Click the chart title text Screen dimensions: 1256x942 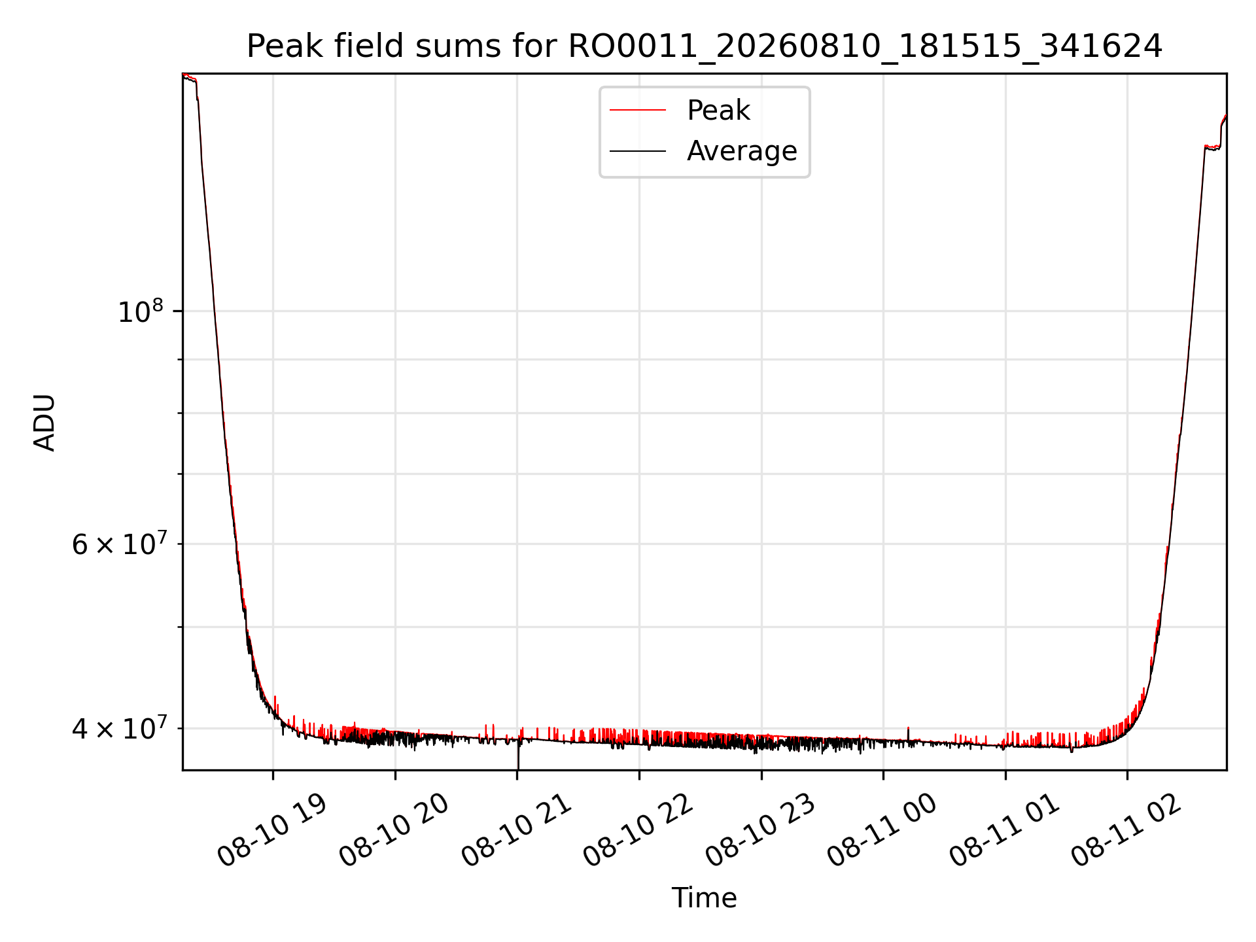click(x=705, y=46)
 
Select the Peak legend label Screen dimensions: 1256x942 click(x=718, y=111)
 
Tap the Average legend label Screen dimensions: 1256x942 click(x=742, y=151)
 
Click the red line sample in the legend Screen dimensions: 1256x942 click(x=638, y=111)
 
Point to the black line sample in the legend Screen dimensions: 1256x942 click(x=638, y=151)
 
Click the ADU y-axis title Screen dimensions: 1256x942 click(x=44, y=422)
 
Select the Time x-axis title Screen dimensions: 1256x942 click(x=705, y=898)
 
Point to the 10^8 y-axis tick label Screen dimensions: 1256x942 click(x=140, y=311)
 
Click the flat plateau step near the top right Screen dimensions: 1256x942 click(x=1213, y=148)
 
